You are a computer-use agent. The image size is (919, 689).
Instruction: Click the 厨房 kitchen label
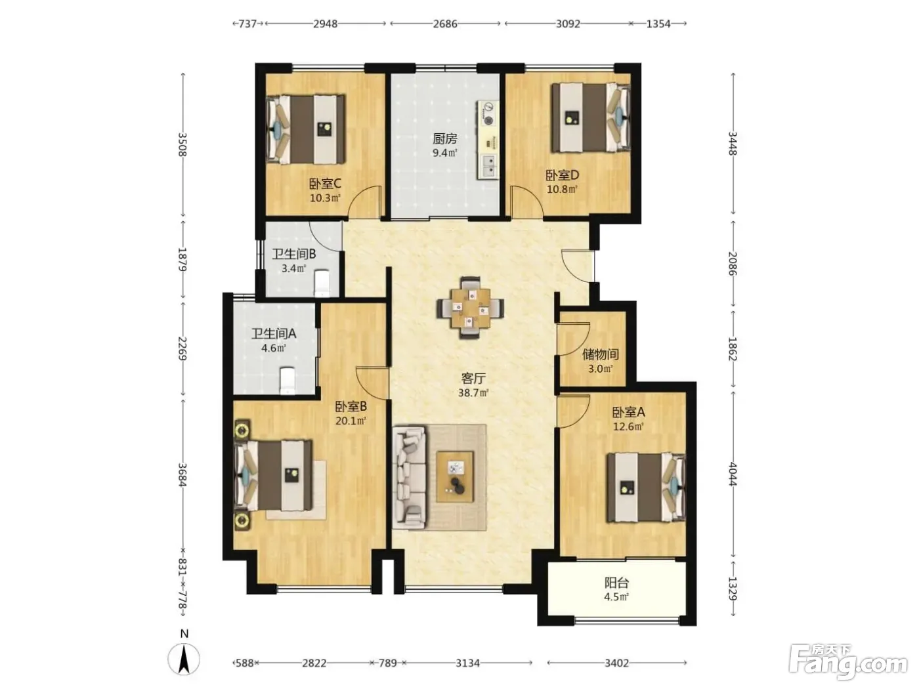tap(444, 138)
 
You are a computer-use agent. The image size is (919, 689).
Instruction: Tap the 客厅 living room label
tap(473, 379)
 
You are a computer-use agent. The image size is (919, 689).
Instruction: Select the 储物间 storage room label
tap(601, 355)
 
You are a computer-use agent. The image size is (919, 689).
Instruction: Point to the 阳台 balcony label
tap(616, 583)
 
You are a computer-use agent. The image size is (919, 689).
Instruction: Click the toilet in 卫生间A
tap(288, 381)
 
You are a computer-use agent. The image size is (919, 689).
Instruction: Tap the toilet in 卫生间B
tap(322, 283)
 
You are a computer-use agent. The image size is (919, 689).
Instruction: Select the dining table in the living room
tap(470, 308)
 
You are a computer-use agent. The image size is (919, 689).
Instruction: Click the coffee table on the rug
tap(455, 476)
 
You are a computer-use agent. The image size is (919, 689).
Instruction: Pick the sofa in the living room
tap(409, 477)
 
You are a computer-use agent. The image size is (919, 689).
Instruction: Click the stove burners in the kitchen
tap(488, 114)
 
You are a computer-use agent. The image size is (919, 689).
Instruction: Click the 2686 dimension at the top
tap(444, 24)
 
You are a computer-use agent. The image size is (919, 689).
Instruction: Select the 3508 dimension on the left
tap(182, 144)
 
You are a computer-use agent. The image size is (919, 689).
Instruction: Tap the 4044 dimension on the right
tap(733, 474)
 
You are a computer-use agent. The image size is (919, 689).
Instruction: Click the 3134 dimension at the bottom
tap(467, 663)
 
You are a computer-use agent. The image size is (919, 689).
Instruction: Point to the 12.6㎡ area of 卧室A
tap(628, 427)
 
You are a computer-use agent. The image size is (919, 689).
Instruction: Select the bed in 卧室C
tap(306, 129)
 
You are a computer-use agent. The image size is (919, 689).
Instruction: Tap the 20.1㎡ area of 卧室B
tap(351, 421)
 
